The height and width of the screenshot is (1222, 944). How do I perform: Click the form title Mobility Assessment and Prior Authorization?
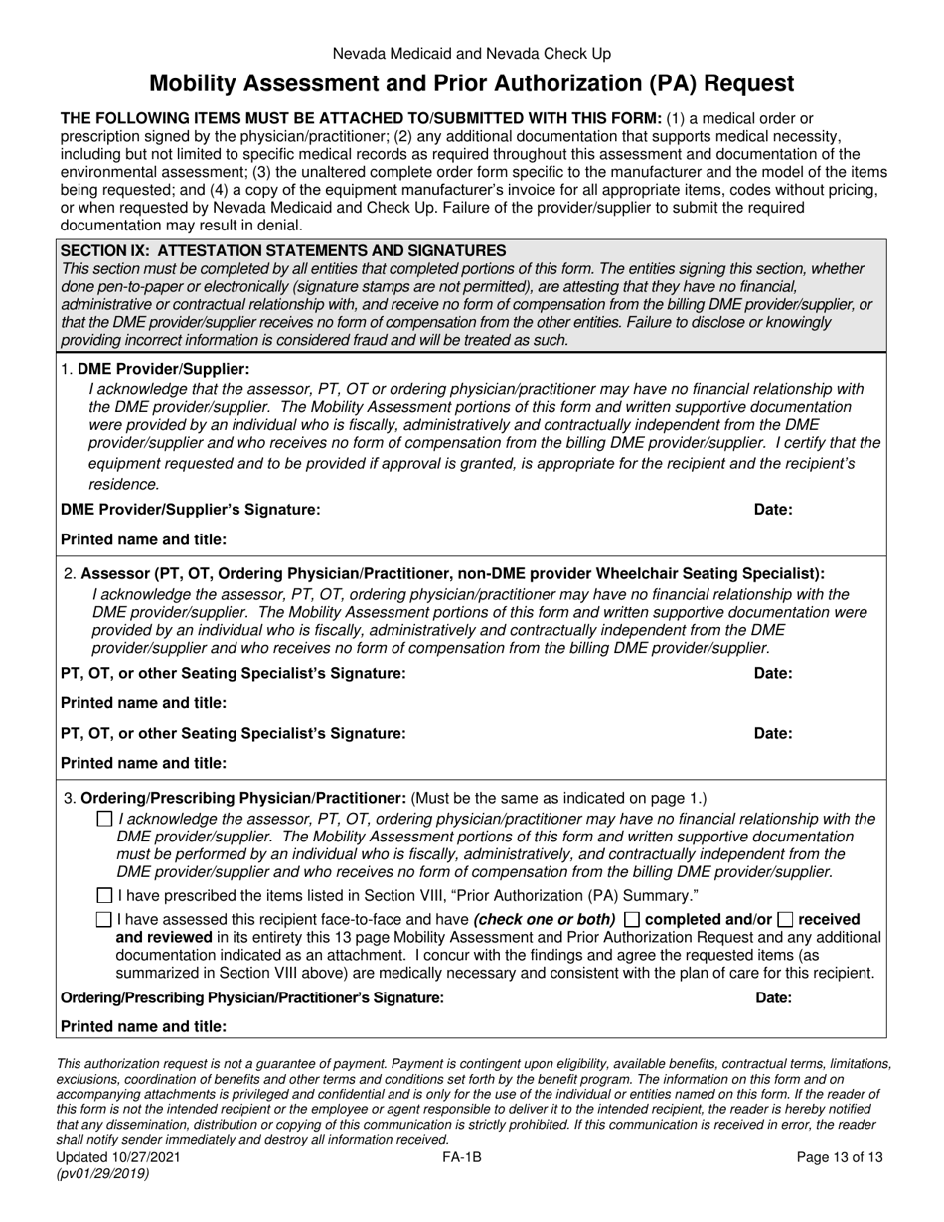pos(472,83)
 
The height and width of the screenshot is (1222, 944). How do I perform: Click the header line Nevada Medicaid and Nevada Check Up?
pos(472,54)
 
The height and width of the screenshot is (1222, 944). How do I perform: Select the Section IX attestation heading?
pos(283,251)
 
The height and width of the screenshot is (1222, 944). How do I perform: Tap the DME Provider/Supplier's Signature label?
pos(191,510)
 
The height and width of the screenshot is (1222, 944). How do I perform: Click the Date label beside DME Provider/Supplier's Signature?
pos(773,510)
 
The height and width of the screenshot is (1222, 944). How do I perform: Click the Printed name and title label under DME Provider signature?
pos(144,539)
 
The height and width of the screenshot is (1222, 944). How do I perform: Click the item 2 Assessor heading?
pos(452,573)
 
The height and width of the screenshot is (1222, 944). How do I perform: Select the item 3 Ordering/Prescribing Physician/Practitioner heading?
pos(242,798)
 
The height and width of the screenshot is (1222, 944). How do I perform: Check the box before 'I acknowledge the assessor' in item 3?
pos(104,820)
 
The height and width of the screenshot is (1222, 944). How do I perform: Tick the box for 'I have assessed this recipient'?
pos(104,920)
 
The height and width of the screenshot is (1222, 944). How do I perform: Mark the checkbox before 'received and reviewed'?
pos(785,920)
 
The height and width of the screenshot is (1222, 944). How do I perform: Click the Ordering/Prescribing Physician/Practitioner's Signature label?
pos(252,996)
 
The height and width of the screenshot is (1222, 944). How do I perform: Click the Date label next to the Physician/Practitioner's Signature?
pos(773,996)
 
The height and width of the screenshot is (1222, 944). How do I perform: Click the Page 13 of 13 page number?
pos(841,1157)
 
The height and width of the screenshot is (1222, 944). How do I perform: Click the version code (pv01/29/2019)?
pos(104,1173)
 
